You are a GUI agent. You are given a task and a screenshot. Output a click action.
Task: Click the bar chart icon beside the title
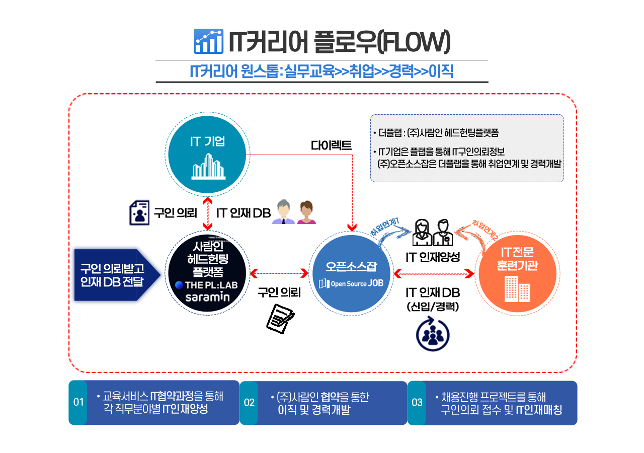click(x=208, y=41)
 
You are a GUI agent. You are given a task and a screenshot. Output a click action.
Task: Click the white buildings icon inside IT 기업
click(x=208, y=166)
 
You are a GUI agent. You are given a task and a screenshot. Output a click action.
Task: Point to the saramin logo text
click(x=207, y=297)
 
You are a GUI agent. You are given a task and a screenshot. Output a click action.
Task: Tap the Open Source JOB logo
click(x=351, y=283)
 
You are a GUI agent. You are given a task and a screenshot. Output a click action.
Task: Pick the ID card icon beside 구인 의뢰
click(x=139, y=212)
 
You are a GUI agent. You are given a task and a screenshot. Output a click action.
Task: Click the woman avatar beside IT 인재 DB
click(x=306, y=212)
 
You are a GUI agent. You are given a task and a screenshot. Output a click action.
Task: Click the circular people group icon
click(x=433, y=335)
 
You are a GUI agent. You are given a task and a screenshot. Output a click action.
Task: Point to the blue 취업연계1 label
click(x=385, y=227)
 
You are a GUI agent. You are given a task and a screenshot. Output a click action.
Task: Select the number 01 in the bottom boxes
click(x=78, y=402)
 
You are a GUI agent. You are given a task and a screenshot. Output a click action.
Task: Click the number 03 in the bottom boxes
click(x=417, y=402)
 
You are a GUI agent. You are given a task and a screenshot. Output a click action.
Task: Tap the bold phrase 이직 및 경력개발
click(x=314, y=410)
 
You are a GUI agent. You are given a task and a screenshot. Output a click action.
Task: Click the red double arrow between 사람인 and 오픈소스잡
click(x=280, y=273)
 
